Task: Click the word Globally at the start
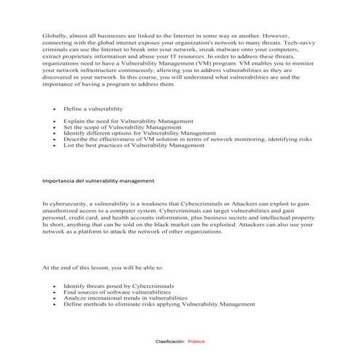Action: [x=55, y=35]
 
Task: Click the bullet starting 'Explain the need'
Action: [x=128, y=120]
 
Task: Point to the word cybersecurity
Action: [x=72, y=205]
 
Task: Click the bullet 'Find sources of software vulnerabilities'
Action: [x=119, y=292]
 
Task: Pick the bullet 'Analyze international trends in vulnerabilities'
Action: [x=125, y=298]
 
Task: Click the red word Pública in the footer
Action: [x=196, y=340]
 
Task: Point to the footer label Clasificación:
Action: [x=170, y=340]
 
